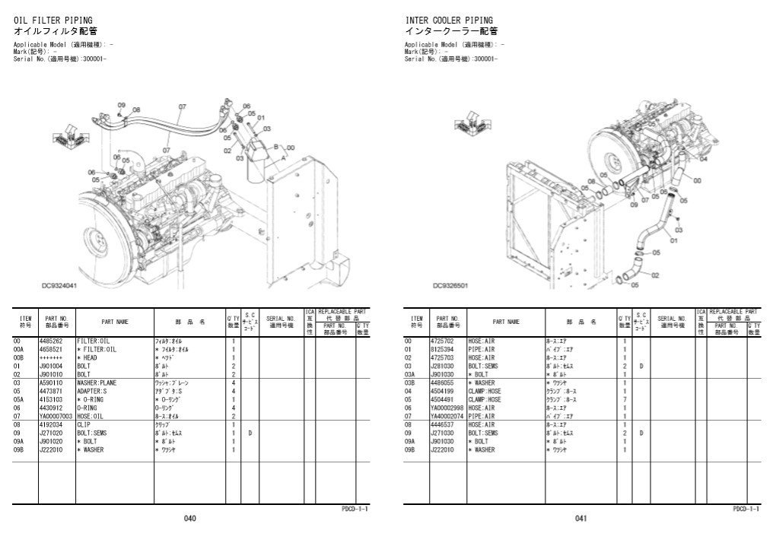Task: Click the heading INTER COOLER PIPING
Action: coord(448,20)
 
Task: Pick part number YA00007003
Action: coord(56,416)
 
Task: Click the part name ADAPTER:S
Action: coord(93,392)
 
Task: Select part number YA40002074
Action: coord(447,416)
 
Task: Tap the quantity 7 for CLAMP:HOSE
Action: coord(624,399)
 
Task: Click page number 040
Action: coord(189,519)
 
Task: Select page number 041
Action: coord(580,519)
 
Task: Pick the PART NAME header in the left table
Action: coord(116,322)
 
